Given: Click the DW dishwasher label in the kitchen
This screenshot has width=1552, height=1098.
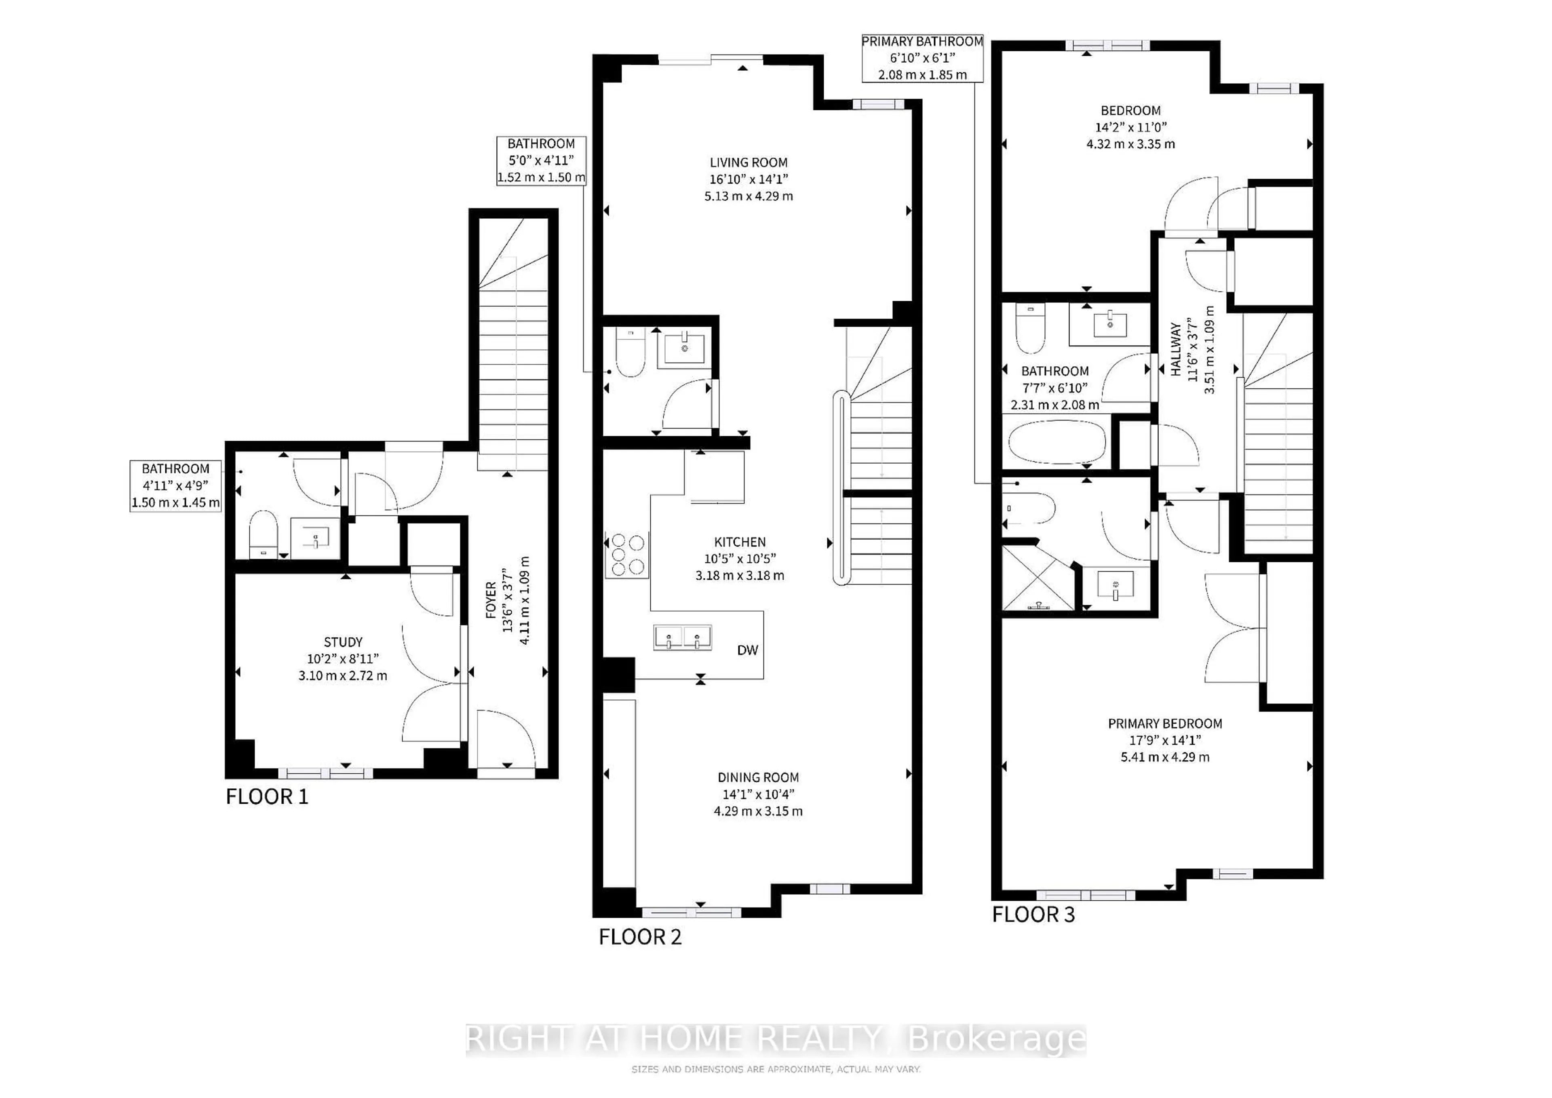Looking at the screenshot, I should click(x=747, y=650).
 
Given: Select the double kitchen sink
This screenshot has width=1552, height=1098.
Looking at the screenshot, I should click(x=682, y=638).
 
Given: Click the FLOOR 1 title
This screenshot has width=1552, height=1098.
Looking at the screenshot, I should click(x=267, y=797).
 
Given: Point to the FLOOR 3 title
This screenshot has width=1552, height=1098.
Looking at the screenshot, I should click(x=1033, y=915).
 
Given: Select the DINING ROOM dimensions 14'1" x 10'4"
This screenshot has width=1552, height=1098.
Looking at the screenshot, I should click(x=758, y=794).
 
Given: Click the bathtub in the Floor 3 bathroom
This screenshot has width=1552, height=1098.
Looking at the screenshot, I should click(x=1056, y=443).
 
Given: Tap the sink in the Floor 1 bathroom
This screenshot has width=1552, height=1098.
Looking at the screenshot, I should click(x=315, y=538).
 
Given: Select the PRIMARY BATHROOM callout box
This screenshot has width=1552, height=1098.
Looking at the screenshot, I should click(x=922, y=58).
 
